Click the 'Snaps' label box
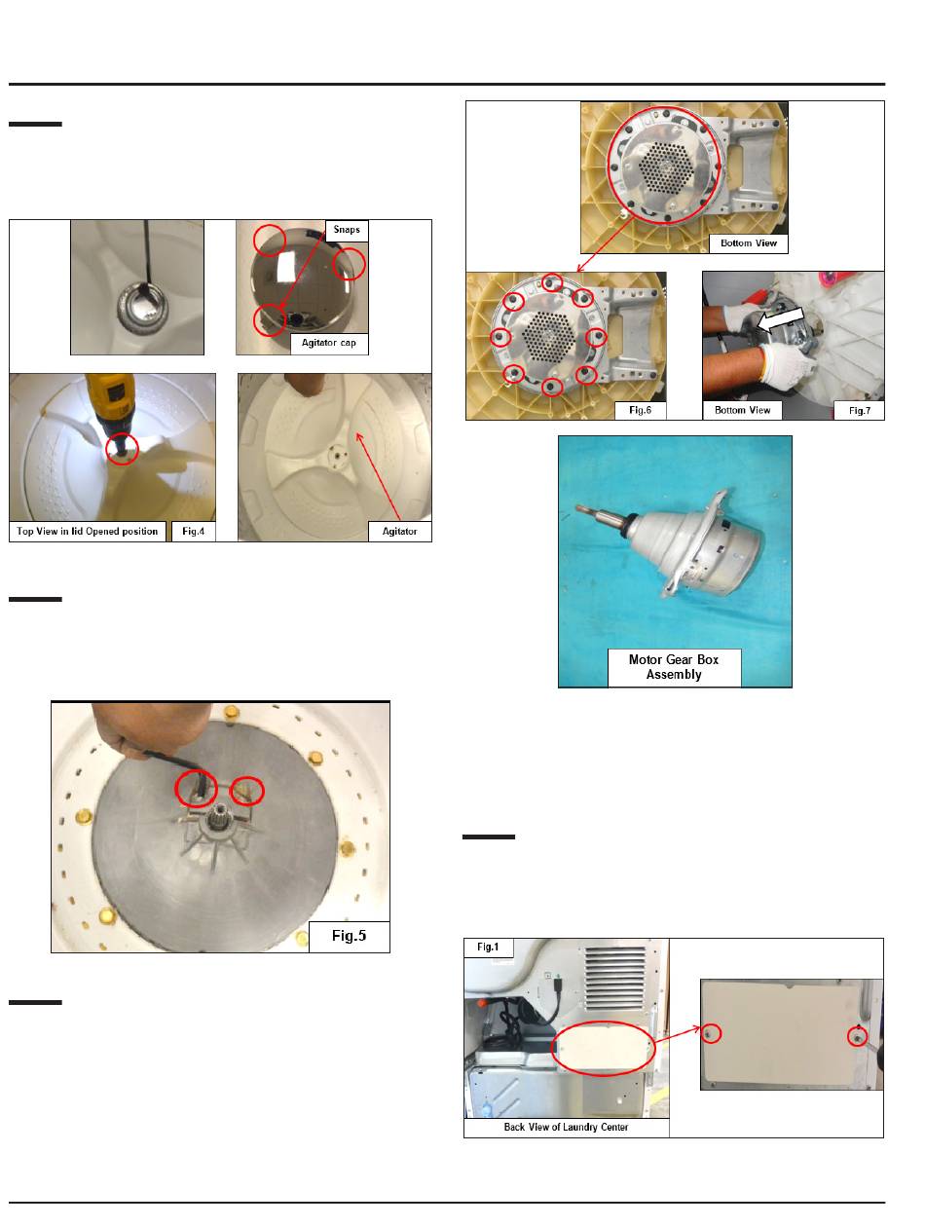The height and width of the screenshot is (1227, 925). coord(346,231)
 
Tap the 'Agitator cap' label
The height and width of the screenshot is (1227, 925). coord(329,343)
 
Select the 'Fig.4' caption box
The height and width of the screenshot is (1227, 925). coord(193,531)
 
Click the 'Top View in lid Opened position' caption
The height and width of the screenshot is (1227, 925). coord(88,531)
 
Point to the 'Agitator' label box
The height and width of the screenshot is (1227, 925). coord(399,531)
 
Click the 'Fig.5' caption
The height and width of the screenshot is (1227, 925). coord(349,936)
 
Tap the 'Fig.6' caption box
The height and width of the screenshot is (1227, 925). coord(640,410)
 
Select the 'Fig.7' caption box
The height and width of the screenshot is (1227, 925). coord(859,410)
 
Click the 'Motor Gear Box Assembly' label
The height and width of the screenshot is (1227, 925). coord(674,667)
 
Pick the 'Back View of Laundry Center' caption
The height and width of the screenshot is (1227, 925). coord(566,1128)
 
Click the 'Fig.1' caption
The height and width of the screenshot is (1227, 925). coord(488,947)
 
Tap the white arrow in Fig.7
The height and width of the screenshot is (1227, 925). coord(780,319)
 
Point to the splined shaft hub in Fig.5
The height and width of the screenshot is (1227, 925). coord(215,821)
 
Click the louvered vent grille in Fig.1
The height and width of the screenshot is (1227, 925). coord(614,980)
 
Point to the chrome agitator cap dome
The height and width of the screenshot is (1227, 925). coord(303,279)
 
